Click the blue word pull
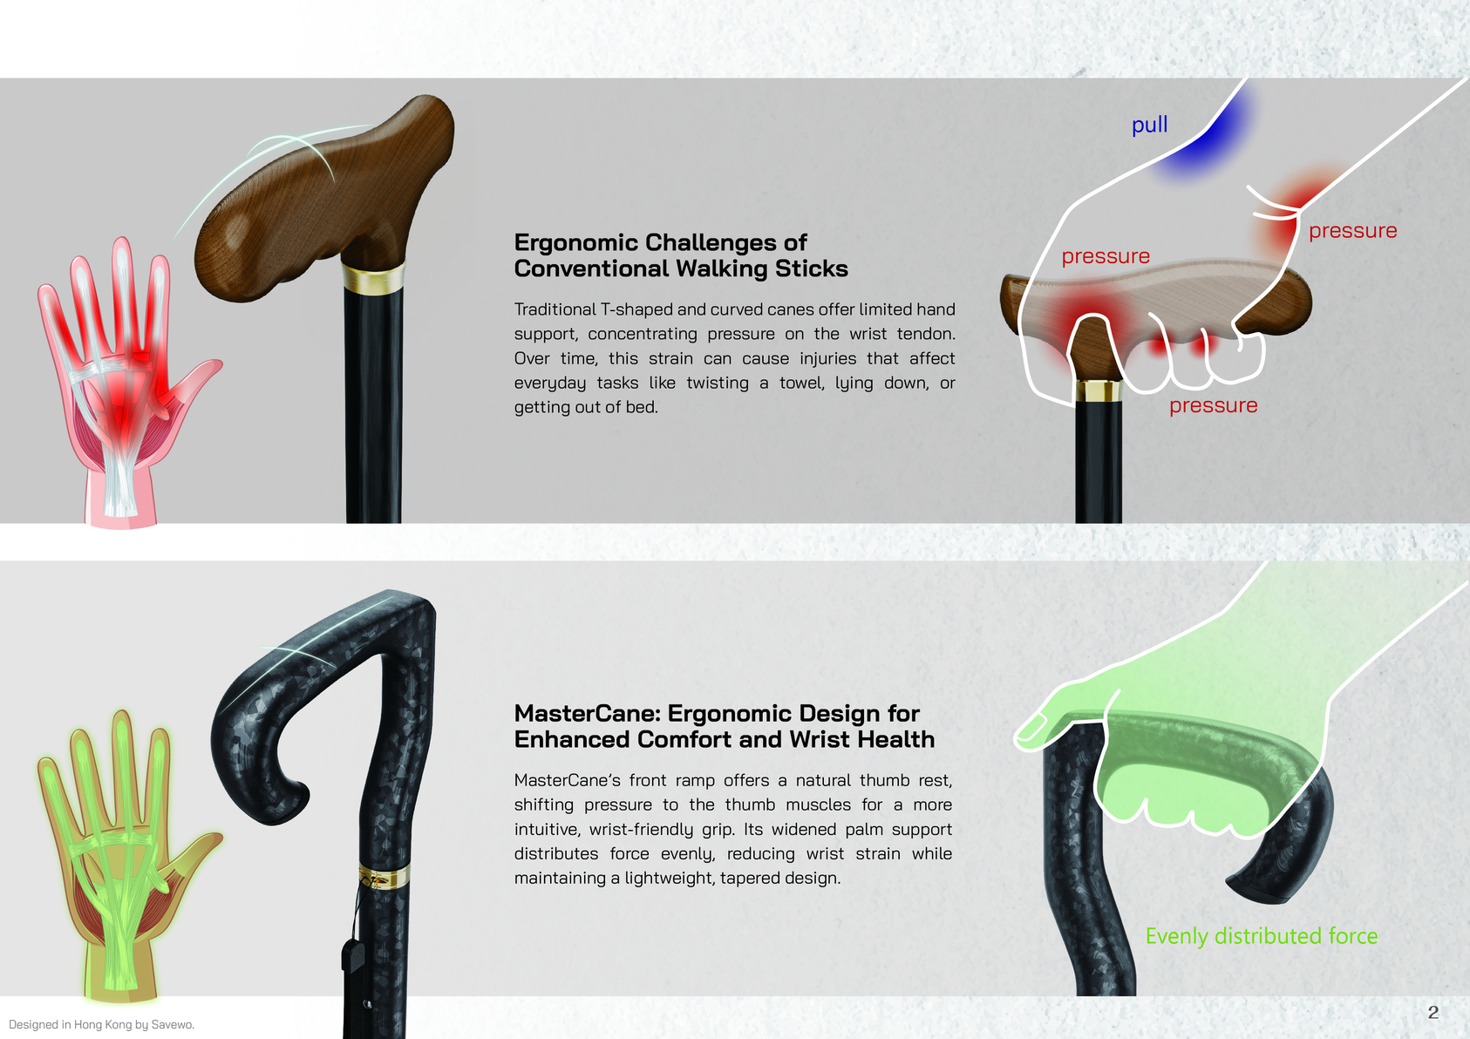(1149, 124)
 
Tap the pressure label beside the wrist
(1352, 230)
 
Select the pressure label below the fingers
(1213, 404)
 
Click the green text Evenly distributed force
(1262, 936)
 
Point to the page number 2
(1433, 1012)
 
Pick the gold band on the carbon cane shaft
(385, 876)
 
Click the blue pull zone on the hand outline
(1204, 138)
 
